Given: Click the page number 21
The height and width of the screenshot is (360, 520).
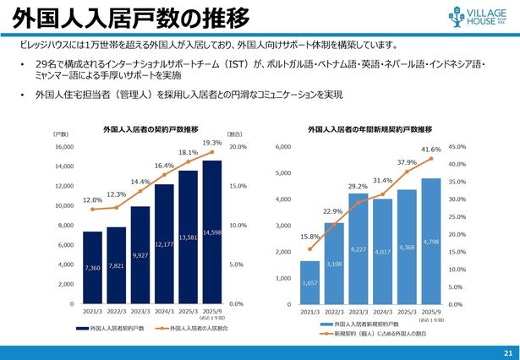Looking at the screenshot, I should [x=507, y=352].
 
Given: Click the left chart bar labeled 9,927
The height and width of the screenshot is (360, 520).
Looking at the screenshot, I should [x=140, y=254].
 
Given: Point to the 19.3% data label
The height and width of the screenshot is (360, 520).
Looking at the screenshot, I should [x=212, y=143].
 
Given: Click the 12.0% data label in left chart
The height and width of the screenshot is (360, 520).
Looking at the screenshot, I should [x=92, y=200].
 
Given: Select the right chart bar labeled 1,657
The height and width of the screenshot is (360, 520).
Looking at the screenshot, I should [x=310, y=282].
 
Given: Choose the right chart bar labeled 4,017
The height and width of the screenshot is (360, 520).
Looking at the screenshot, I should [x=383, y=251].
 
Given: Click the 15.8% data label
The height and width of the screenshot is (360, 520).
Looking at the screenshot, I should [x=310, y=237].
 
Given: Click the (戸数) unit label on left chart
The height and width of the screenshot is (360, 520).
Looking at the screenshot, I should [x=60, y=134].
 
